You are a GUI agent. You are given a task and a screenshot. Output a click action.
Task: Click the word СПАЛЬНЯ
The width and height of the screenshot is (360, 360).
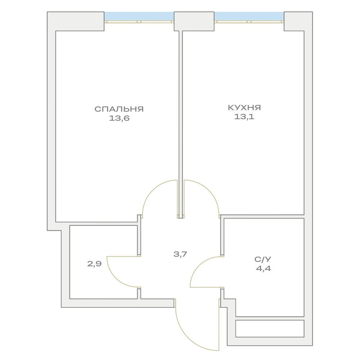click(x=119, y=109)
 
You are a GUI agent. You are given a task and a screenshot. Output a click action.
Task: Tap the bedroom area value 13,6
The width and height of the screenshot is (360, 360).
click(x=119, y=118)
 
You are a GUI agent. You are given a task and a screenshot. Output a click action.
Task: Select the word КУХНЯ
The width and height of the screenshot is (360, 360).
click(x=244, y=107)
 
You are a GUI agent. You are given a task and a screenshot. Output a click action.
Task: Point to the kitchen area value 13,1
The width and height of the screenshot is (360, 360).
click(x=244, y=117)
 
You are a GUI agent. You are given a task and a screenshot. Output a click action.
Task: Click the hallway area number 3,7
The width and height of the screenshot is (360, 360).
click(x=180, y=254)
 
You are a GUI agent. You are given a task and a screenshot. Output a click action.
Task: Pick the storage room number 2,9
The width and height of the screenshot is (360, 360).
click(x=94, y=264)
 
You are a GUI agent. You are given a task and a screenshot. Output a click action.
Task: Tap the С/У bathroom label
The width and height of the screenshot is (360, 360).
click(x=263, y=259)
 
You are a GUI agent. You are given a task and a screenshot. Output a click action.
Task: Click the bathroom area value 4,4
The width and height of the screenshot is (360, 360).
click(x=264, y=269)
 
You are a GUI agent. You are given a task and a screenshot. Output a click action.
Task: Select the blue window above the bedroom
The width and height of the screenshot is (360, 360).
click(x=139, y=16)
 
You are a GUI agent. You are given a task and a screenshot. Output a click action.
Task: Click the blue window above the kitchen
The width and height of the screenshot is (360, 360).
click(x=249, y=16)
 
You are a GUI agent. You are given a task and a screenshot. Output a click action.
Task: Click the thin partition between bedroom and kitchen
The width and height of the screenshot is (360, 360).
click(x=181, y=124)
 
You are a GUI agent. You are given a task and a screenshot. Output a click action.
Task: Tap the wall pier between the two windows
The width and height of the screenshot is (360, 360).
click(x=194, y=21)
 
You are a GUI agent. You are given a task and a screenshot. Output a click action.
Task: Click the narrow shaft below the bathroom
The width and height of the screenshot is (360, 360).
click(x=270, y=329)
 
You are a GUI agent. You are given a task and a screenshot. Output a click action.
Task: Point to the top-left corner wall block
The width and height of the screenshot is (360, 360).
click(x=76, y=21)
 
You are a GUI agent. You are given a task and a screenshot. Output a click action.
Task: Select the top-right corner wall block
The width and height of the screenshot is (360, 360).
click(x=298, y=21)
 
